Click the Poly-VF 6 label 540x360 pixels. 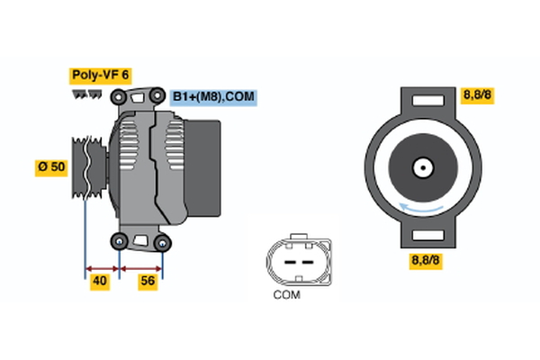click(100, 76)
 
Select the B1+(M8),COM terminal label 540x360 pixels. click(213, 96)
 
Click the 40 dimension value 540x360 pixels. click(101, 282)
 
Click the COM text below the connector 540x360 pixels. click(286, 294)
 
